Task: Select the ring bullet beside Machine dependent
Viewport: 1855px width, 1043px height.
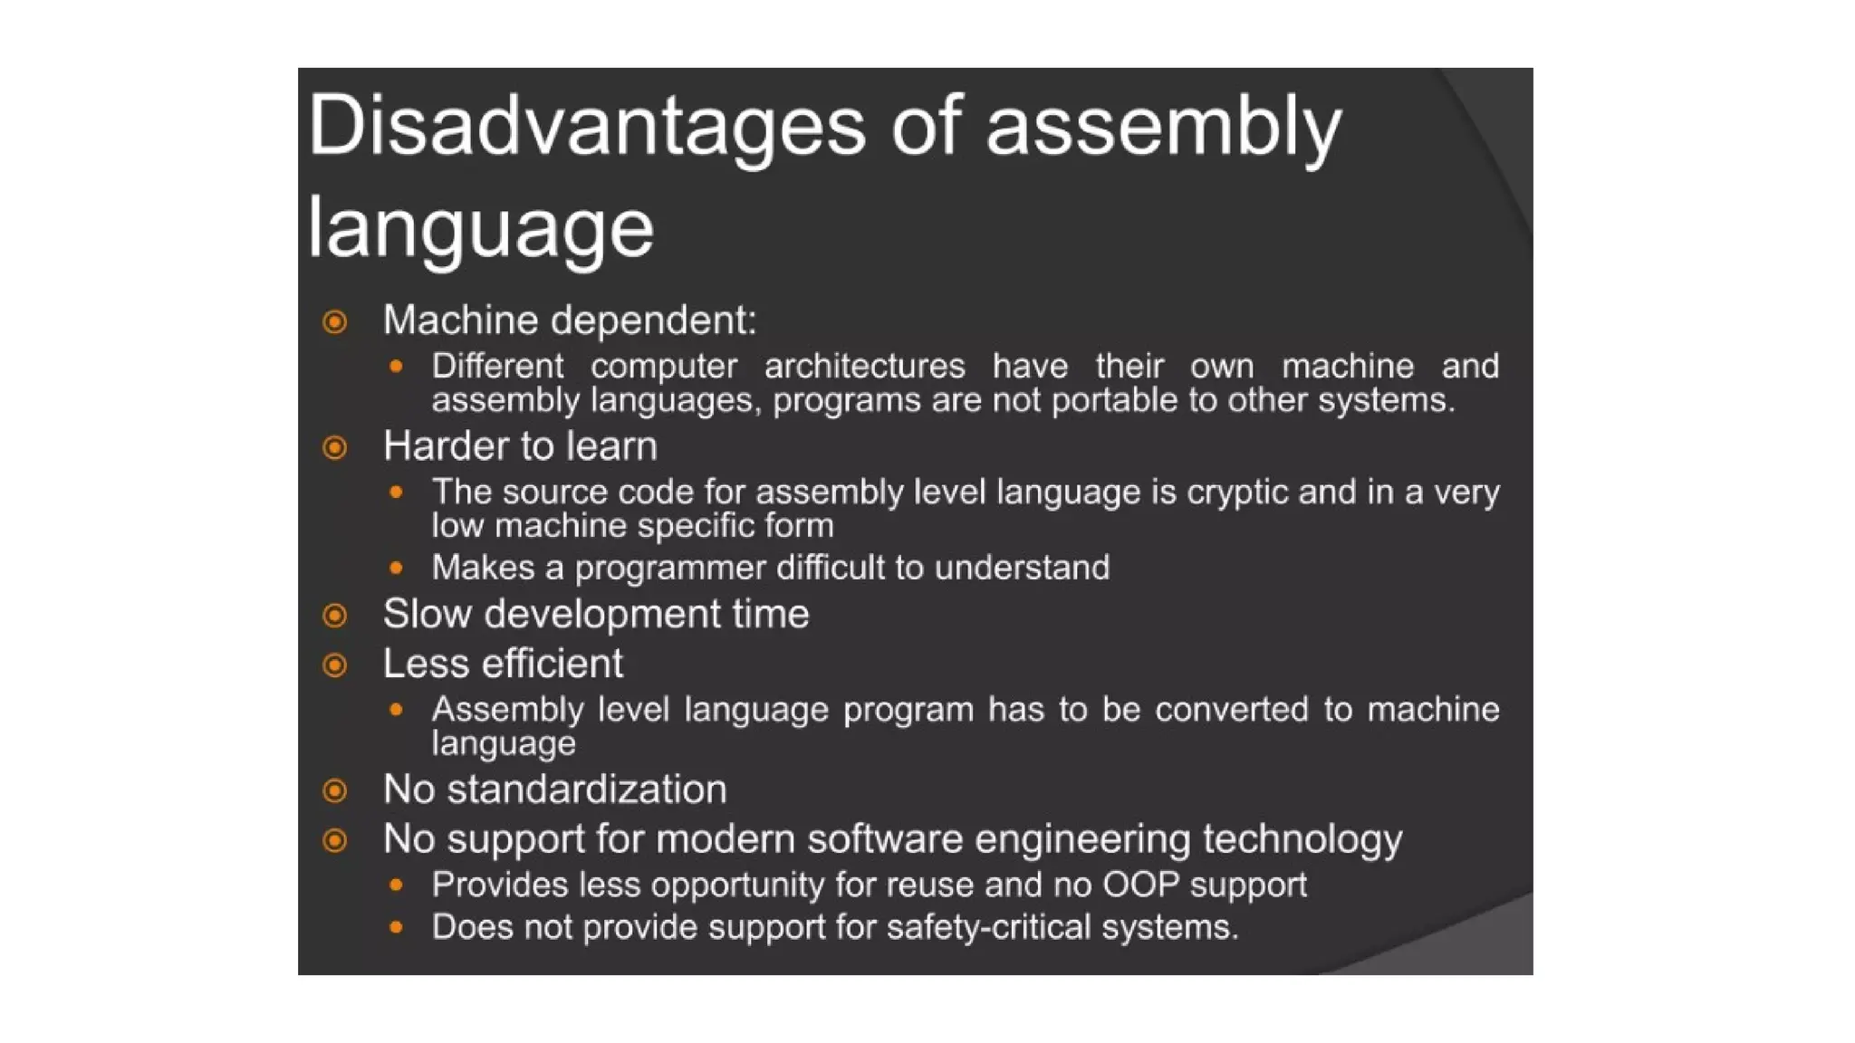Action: (x=335, y=321)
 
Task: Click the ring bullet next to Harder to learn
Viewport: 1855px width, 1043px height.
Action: (x=335, y=447)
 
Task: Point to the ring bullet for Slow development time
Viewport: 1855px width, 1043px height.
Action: (x=335, y=616)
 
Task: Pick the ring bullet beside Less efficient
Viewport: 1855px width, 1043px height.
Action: (x=335, y=665)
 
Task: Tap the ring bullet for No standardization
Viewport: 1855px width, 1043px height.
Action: (x=335, y=790)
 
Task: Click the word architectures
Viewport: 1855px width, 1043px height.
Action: (x=864, y=367)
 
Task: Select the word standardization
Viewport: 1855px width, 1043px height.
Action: (x=587, y=789)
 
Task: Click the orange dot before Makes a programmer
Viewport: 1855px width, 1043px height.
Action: (x=396, y=568)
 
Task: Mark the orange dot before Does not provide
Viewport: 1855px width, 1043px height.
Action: (x=396, y=927)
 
